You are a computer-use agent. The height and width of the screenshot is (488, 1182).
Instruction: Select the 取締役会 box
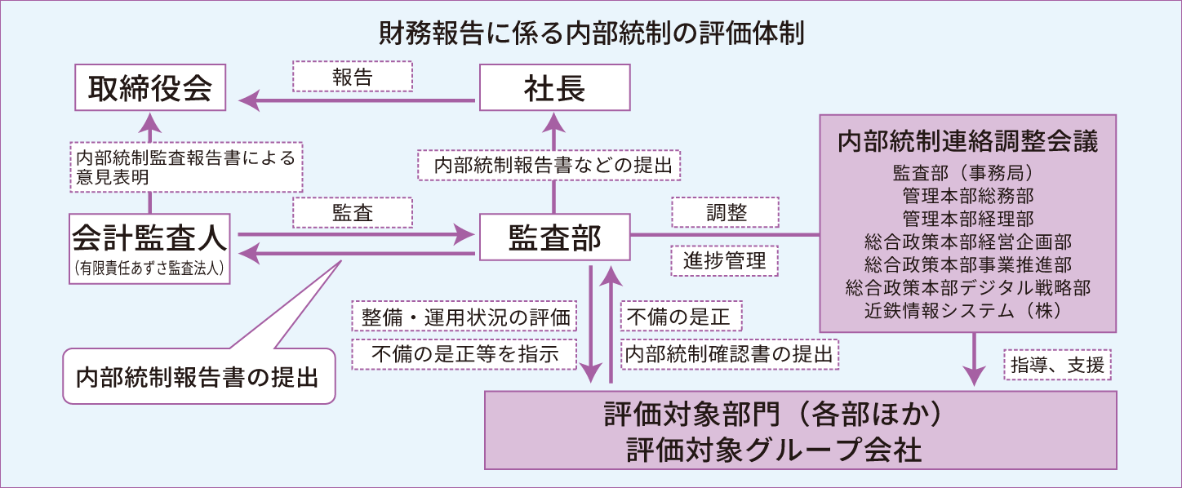pyautogui.click(x=150, y=88)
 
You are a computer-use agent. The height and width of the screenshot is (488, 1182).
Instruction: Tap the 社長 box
pyautogui.click(x=554, y=88)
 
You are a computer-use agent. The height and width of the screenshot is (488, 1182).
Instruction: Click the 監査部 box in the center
pyautogui.click(x=554, y=237)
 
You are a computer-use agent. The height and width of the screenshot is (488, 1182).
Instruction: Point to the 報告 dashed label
pyautogui.click(x=353, y=76)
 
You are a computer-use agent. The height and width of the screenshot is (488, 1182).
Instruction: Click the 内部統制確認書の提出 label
pyautogui.click(x=729, y=353)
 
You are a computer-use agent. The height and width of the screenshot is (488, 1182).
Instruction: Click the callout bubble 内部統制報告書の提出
pyautogui.click(x=198, y=377)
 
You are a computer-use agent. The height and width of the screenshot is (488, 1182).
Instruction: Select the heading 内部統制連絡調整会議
pyautogui.click(x=967, y=141)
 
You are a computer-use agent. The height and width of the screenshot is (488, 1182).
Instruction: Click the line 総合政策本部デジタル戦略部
pyautogui.click(x=967, y=287)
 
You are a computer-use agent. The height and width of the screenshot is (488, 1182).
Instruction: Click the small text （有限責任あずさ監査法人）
pyautogui.click(x=150, y=267)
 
